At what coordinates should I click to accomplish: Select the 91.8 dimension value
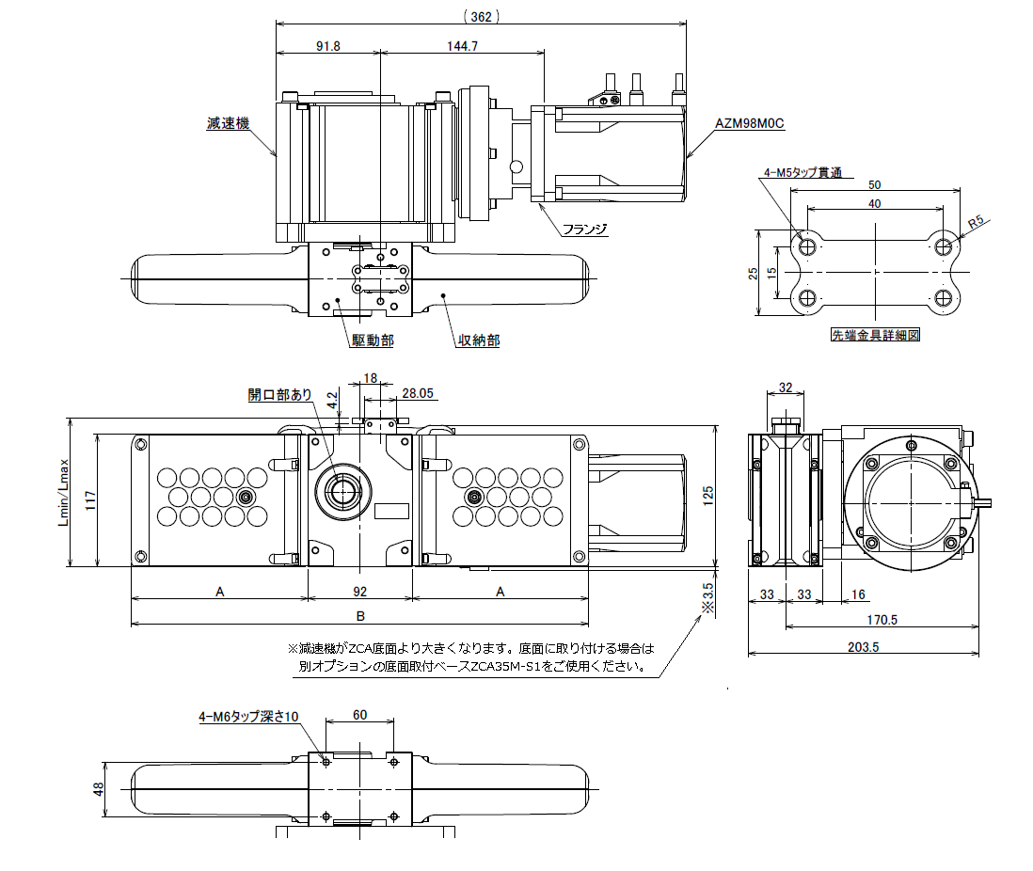coord(327,45)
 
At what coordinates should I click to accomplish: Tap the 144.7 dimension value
coord(462,45)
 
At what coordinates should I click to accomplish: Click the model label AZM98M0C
coord(750,123)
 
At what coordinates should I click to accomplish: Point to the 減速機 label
coord(229,123)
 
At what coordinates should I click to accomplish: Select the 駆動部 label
coord(373,340)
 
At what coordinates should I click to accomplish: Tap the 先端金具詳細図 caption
coord(875,334)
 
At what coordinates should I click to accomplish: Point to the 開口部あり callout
coord(279,395)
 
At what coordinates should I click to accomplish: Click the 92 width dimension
coord(359,591)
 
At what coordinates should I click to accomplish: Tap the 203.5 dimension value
coord(863,646)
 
